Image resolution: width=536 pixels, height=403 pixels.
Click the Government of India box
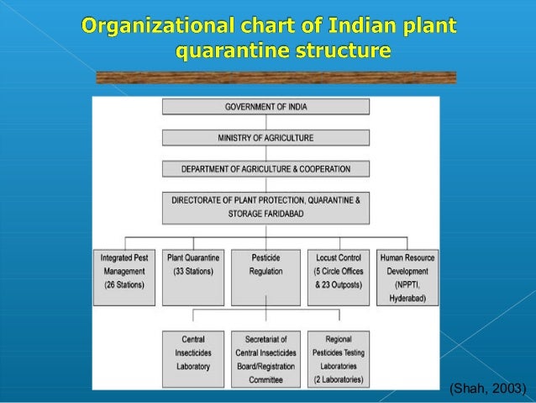click(x=265, y=107)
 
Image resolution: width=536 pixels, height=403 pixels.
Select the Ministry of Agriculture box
click(x=265, y=137)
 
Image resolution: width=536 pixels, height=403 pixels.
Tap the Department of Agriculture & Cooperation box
click(x=265, y=168)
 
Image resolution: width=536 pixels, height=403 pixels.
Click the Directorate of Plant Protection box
click(x=265, y=207)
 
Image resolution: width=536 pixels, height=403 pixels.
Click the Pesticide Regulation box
click(x=265, y=276)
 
